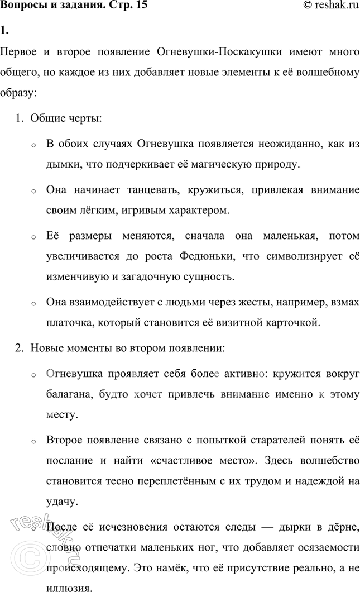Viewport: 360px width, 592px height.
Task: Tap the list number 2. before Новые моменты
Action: pos(19,348)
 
